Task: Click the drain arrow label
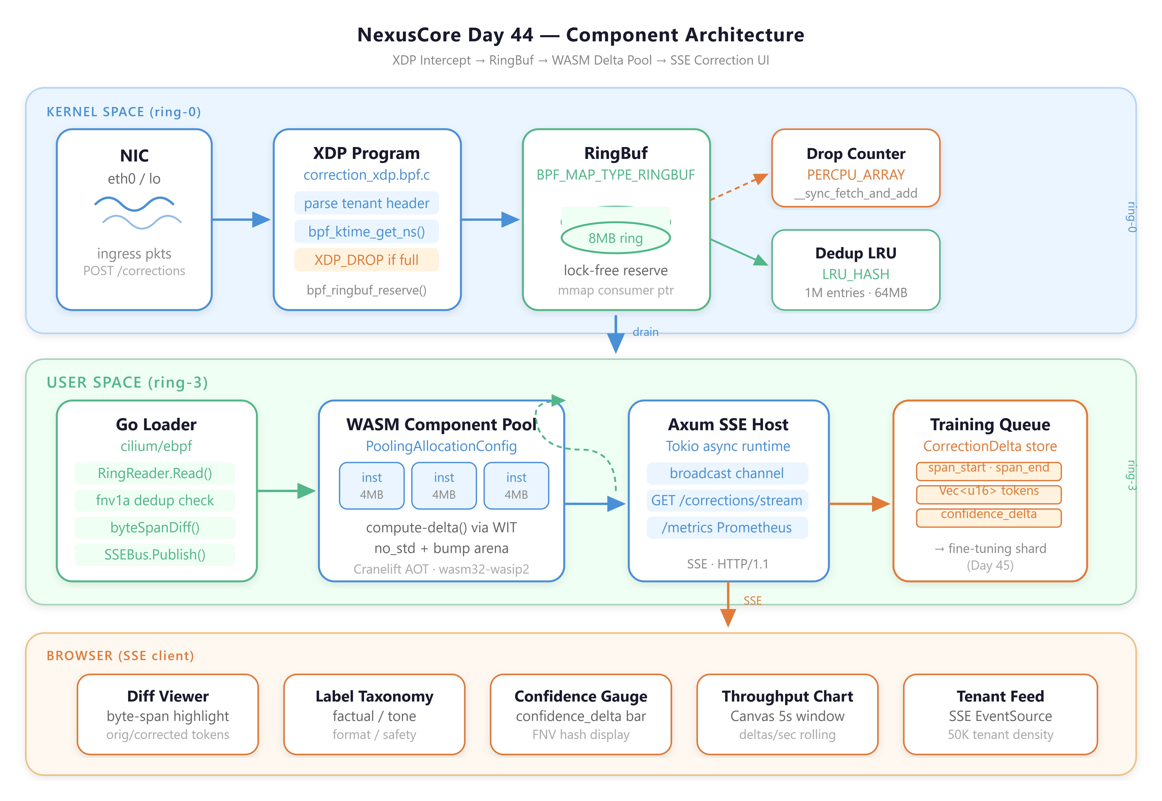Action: pos(646,332)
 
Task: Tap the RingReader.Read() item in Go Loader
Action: pos(155,473)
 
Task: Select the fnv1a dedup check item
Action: pos(155,500)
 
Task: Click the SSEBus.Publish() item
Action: pos(155,554)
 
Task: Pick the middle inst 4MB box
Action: pos(444,486)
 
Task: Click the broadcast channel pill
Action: pos(727,473)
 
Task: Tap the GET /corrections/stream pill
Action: pos(727,500)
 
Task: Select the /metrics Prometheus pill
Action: pos(727,527)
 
